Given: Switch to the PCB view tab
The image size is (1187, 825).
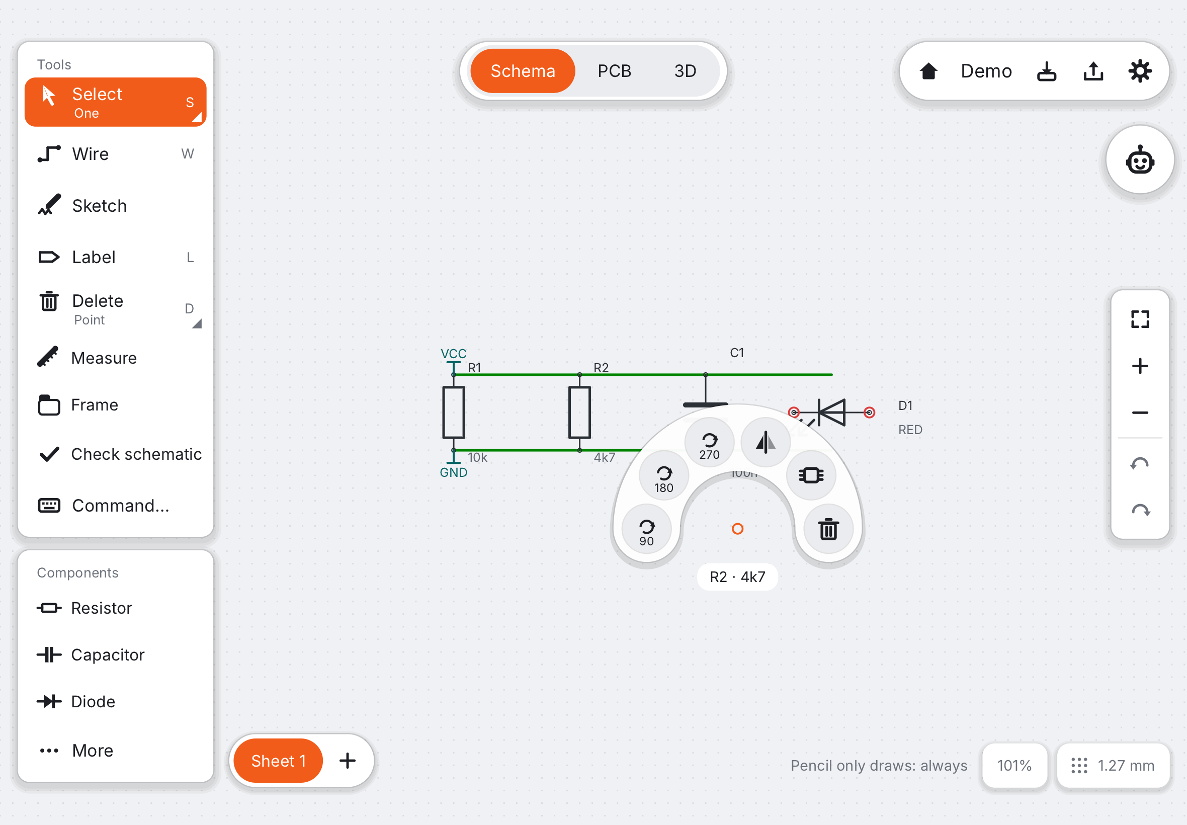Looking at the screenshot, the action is click(615, 71).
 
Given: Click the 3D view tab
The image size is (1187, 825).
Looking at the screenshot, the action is click(685, 71).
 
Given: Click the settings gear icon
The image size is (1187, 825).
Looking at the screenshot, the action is click(1139, 71).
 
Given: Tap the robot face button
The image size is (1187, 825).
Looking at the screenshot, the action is click(1140, 160).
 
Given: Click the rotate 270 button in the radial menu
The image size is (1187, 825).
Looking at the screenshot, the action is click(710, 443).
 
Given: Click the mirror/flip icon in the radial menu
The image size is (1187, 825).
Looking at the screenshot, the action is click(766, 443).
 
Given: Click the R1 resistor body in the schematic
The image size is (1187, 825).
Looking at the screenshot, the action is click(453, 412).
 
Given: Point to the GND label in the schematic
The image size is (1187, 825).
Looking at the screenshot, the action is click(453, 472).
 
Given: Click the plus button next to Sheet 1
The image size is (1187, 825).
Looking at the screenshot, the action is click(347, 761).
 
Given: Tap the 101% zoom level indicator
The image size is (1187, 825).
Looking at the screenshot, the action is click(1014, 766).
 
